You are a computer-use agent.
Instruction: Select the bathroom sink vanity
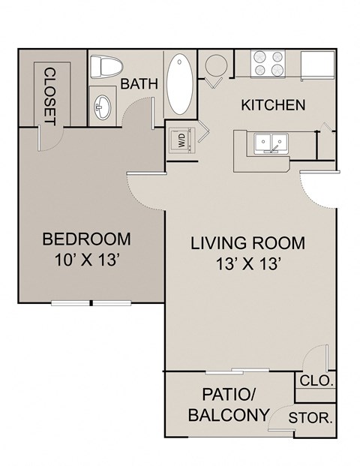(101, 108)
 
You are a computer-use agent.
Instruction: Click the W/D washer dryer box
(180, 139)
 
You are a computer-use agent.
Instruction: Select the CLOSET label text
(50, 95)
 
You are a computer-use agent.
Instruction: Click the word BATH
(139, 84)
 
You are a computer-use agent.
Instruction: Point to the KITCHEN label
(272, 104)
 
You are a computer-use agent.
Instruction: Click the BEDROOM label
(86, 239)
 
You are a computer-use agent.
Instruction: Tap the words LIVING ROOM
(247, 243)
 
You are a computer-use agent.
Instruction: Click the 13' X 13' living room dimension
(247, 264)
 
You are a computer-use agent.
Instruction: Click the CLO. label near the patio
(316, 380)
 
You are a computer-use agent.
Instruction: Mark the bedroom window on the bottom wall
(91, 303)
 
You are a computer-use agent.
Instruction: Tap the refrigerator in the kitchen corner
(318, 63)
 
